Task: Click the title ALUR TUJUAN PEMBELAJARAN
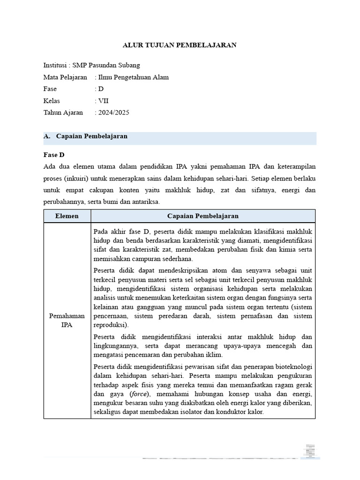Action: click(180, 45)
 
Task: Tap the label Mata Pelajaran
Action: click(65, 77)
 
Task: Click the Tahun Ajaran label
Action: click(63, 112)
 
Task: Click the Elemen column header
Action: click(67, 216)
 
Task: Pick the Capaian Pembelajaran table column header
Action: click(203, 216)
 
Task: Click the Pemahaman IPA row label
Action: click(67, 321)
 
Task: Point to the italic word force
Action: click(139, 394)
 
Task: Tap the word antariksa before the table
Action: click(146, 202)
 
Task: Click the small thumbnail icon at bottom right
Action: click(310, 450)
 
